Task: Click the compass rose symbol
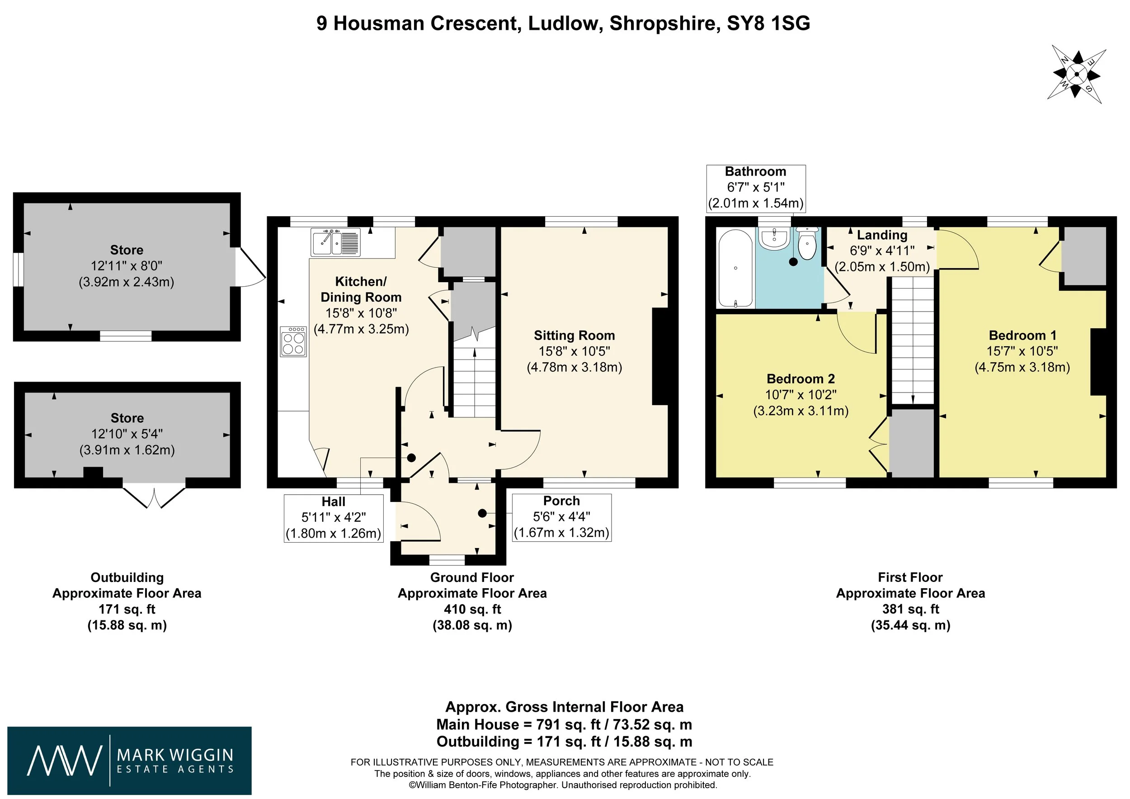pos(1076,74)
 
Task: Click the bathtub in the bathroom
pos(735,269)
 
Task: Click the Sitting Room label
pos(574,336)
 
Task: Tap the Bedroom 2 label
pos(801,379)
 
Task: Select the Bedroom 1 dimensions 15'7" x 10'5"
pos(1022,351)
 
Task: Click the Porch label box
pos(561,517)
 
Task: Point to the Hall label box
pos(334,518)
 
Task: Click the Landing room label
pos(882,235)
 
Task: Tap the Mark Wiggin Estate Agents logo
pos(129,761)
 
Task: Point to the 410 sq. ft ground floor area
pos(472,610)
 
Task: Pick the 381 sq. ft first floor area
pos(910,610)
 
